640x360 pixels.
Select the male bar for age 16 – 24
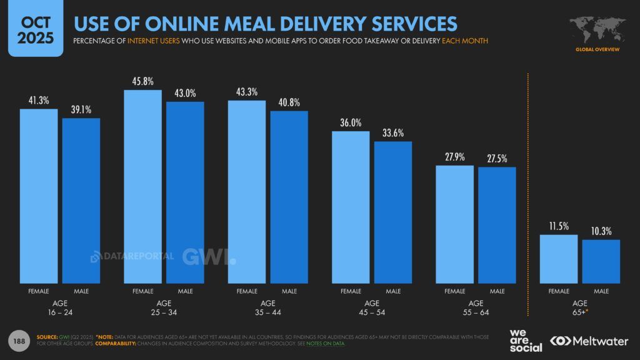tap(81, 200)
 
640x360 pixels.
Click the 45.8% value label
tap(142, 81)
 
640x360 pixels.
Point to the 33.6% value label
tap(393, 132)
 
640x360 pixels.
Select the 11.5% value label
tap(559, 226)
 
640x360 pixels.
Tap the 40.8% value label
tap(289, 102)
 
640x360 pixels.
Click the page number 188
tap(19, 340)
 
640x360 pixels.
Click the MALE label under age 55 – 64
tap(497, 291)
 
